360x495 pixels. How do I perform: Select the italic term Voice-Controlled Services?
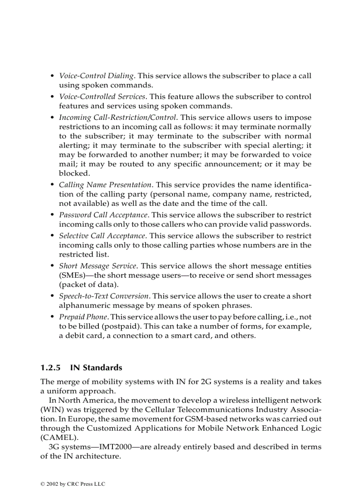102,97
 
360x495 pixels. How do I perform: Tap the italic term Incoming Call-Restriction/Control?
118,118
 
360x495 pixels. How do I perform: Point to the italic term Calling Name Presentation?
105,185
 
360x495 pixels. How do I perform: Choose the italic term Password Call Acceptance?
103,215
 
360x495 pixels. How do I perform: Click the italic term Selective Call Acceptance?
102,236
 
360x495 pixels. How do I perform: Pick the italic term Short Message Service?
97,266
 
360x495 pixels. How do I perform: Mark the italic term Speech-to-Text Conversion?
104,296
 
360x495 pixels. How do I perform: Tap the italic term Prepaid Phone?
83,317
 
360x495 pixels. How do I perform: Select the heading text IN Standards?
96,368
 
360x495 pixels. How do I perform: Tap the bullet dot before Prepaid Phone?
53,317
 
